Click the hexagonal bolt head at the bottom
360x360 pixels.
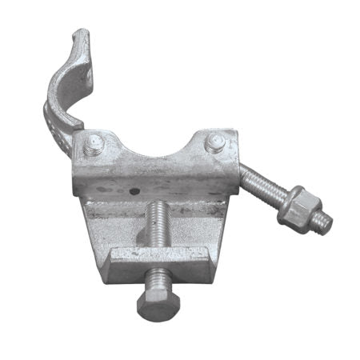click(x=158, y=303)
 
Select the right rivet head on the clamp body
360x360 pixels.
click(x=216, y=144)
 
